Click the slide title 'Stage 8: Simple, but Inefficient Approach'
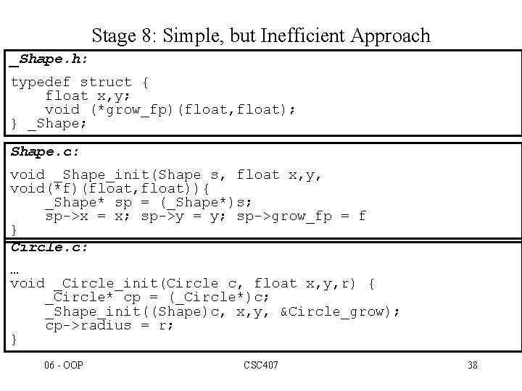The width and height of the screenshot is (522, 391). [x=261, y=35]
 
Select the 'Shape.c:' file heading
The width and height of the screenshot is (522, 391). [x=46, y=152]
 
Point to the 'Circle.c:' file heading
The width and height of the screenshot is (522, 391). [x=49, y=248]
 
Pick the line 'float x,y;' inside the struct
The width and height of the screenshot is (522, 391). [x=88, y=96]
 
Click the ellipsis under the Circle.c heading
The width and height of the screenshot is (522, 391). [x=15, y=269]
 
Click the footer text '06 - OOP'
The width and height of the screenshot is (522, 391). [x=64, y=365]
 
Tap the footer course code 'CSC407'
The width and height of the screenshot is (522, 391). [x=261, y=365]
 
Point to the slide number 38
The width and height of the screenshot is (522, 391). [x=473, y=365]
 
